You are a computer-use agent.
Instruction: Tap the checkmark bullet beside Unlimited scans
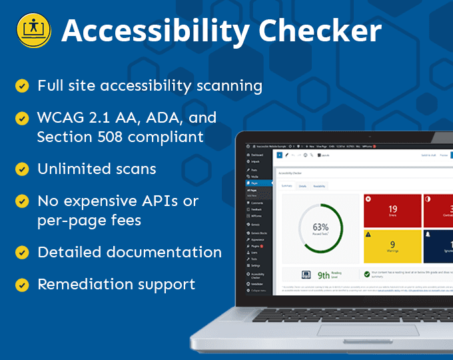click(22, 169)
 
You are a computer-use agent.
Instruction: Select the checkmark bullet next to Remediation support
click(22, 285)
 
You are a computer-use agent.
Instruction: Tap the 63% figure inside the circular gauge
click(320, 227)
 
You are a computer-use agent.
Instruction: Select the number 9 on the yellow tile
click(392, 245)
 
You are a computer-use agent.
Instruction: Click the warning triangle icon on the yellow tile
click(369, 234)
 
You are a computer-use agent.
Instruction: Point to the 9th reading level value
click(323, 274)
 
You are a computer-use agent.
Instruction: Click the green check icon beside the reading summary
click(366, 273)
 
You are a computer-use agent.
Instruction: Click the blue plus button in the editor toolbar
click(278, 155)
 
